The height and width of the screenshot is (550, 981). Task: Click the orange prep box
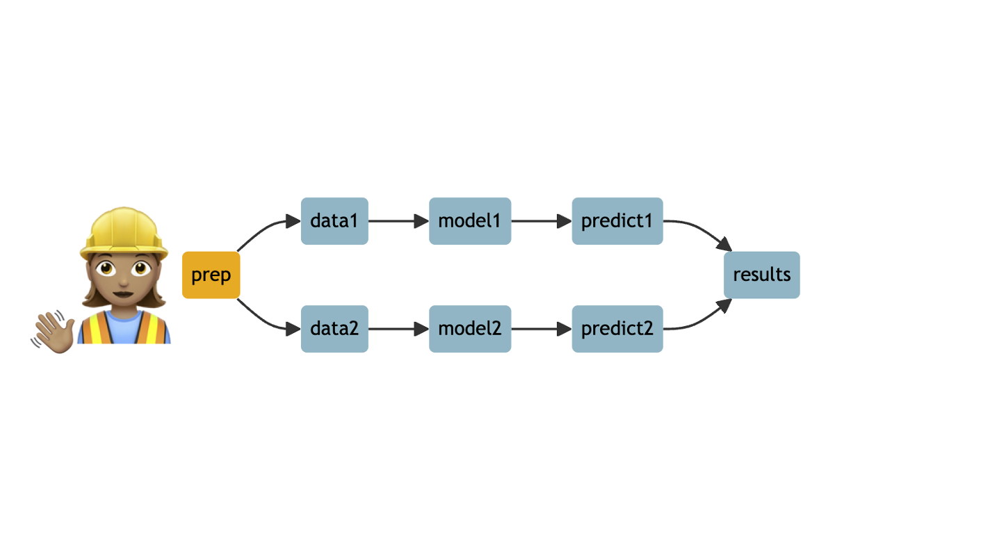211,275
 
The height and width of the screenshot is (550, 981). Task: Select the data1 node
334,221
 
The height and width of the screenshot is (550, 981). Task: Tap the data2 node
334,328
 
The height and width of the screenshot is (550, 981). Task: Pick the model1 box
469,221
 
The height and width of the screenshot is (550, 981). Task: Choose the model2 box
469,328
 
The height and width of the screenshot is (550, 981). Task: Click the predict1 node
617,221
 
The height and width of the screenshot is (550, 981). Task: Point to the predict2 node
617,328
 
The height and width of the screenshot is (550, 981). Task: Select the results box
761,275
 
